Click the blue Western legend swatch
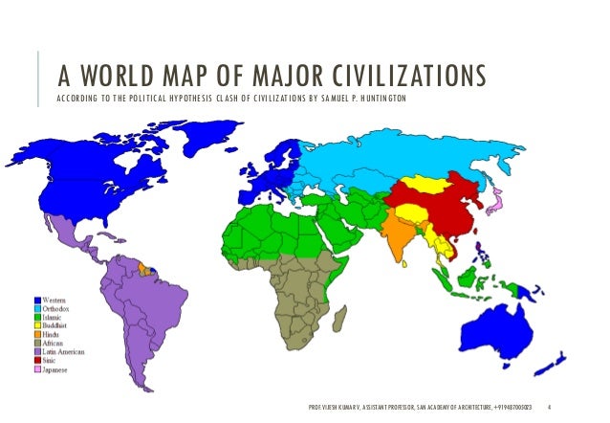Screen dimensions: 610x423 click(x=37, y=301)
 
